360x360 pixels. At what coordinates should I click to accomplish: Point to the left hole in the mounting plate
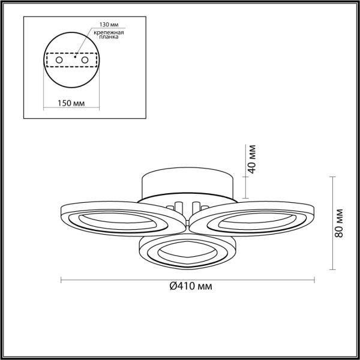59,61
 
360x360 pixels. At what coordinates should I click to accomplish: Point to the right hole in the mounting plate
86,61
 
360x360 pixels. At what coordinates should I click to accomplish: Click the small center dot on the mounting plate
74,58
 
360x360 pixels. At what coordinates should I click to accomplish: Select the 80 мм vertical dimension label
340,223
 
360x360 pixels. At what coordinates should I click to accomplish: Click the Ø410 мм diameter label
188,286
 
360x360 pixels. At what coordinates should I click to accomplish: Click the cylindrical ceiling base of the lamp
186,183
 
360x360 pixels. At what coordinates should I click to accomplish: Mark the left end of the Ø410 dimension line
62,278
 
